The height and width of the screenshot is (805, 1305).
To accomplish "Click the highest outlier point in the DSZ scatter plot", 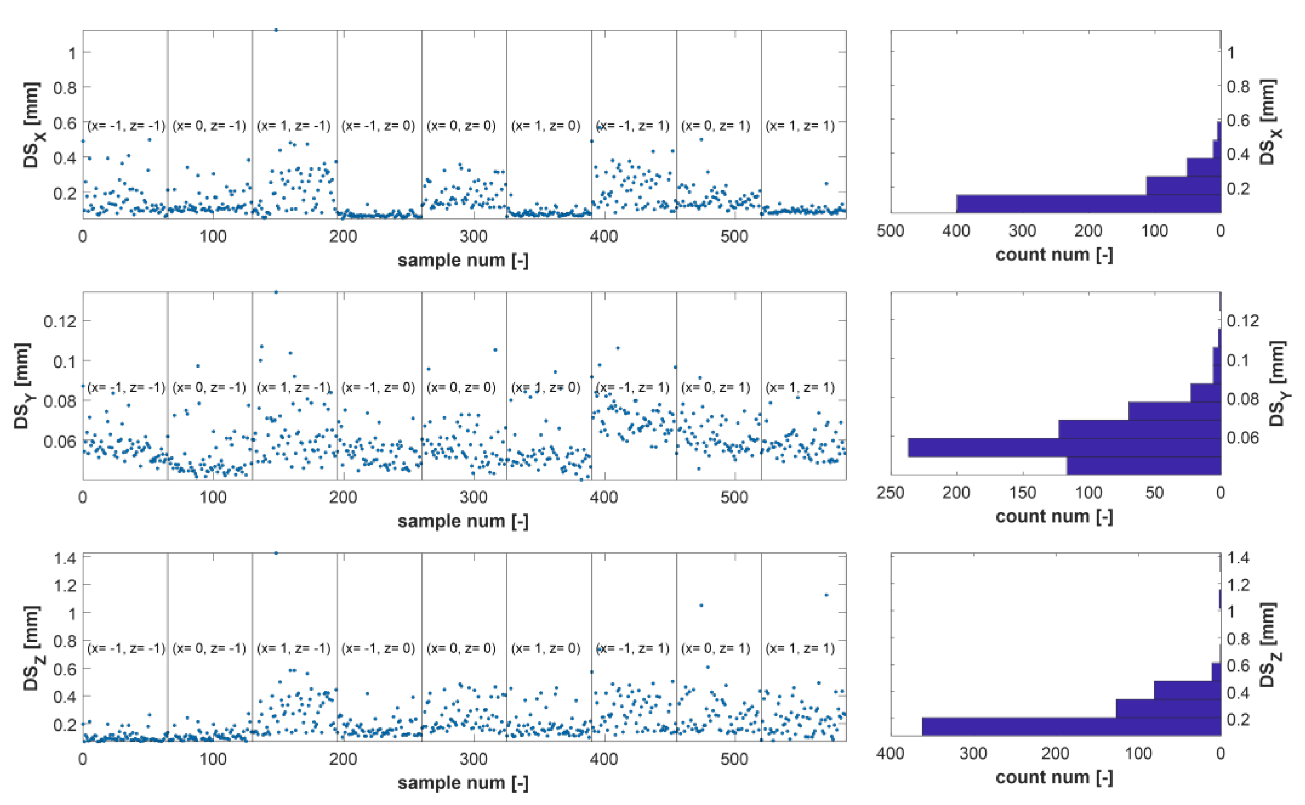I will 276,553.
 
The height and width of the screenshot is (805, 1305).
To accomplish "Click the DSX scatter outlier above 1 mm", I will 276,30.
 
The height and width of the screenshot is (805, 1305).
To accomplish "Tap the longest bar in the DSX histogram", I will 1088,204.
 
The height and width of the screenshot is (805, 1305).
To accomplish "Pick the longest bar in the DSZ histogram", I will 1071,727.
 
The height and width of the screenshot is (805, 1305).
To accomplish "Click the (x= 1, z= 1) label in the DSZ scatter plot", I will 800,648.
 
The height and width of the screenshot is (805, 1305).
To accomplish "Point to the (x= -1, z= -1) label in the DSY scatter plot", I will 126,387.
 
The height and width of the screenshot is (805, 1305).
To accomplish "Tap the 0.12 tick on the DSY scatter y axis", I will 59,321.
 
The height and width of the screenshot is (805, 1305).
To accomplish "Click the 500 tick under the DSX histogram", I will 890,231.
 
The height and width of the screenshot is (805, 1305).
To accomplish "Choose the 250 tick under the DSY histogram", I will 890,492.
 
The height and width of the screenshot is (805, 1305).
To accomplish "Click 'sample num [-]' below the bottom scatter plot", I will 463,783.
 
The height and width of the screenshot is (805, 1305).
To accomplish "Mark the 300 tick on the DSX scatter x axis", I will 474,237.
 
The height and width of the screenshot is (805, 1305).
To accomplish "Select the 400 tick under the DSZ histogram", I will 890,753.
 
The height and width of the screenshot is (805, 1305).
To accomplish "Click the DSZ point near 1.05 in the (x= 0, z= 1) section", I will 701,605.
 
